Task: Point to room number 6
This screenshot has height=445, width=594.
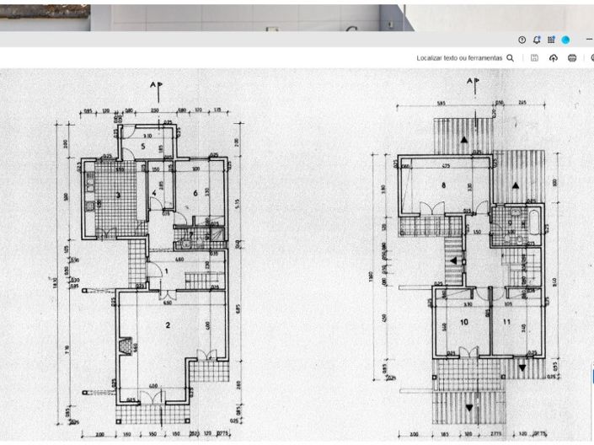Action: tap(195, 193)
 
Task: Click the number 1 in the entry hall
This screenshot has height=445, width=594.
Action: tap(167, 271)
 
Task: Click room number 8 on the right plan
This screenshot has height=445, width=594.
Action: tap(441, 185)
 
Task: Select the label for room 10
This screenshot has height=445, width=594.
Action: tap(463, 322)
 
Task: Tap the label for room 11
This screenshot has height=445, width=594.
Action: tap(507, 322)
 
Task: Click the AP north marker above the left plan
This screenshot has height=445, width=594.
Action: tap(156, 85)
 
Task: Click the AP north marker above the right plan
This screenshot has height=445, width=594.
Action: tap(474, 83)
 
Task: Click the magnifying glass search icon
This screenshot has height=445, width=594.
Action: tap(510, 58)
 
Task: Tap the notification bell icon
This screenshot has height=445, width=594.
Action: tap(537, 40)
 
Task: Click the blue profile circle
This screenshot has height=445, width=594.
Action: tap(566, 40)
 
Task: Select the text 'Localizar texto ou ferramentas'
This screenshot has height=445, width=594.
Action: tap(460, 58)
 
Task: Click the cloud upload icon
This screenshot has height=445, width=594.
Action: tap(554, 58)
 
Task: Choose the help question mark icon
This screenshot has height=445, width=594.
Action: tap(522, 40)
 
